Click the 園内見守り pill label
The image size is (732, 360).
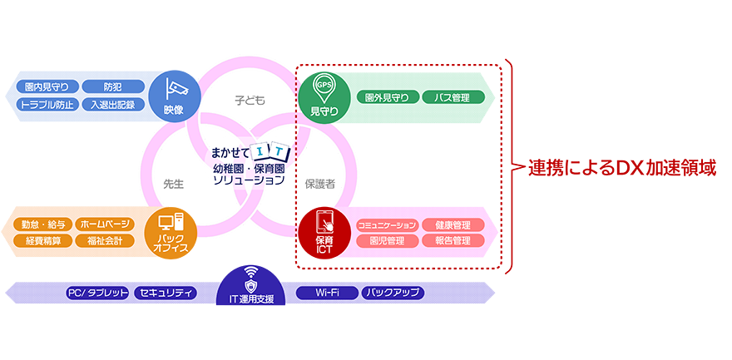(x=52, y=86)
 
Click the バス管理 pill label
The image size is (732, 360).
(x=453, y=97)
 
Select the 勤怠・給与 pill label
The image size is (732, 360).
(x=42, y=224)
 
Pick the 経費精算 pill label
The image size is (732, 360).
(x=42, y=241)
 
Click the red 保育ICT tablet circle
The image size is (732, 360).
(x=324, y=233)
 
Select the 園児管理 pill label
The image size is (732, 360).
(x=387, y=241)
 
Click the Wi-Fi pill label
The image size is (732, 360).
(x=326, y=293)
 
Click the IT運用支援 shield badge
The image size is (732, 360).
(x=250, y=284)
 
